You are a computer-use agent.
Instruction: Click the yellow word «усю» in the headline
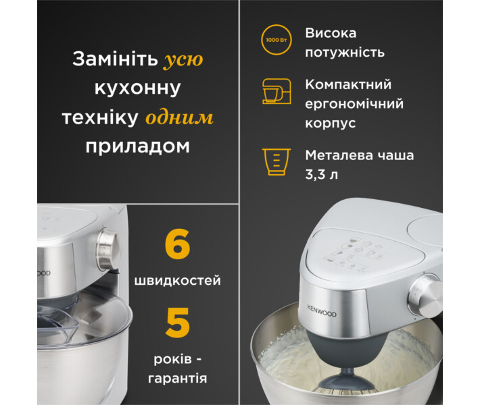[x=183, y=59]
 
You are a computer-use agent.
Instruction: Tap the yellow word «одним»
[x=179, y=117]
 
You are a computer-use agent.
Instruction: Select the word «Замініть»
[x=115, y=59]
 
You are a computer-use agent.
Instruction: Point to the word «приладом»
[x=138, y=146]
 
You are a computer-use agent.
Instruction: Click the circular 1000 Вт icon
[x=276, y=40]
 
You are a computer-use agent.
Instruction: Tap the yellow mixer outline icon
[x=277, y=91]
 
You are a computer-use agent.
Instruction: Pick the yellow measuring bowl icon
[x=277, y=162]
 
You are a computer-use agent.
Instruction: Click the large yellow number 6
[x=177, y=244]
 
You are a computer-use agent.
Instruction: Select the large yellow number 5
[x=178, y=323]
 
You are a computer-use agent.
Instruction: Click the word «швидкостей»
[x=178, y=280]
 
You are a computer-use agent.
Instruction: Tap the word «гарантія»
[x=178, y=379]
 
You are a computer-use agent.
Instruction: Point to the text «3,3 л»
[x=321, y=175]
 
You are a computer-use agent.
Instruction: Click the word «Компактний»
[x=348, y=84]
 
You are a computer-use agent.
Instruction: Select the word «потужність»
[x=345, y=53]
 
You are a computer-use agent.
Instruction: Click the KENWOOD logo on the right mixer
[x=322, y=311]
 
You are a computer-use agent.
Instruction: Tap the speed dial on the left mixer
[x=107, y=248]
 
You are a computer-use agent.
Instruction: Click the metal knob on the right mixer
[x=425, y=296]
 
